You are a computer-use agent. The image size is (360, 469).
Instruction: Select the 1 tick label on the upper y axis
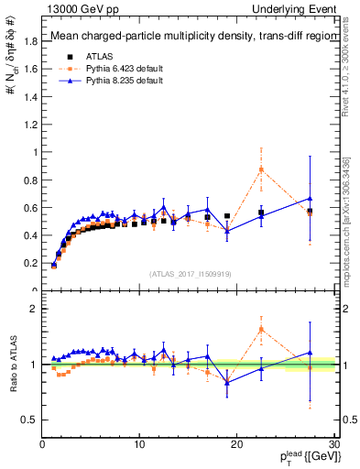[36, 152]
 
